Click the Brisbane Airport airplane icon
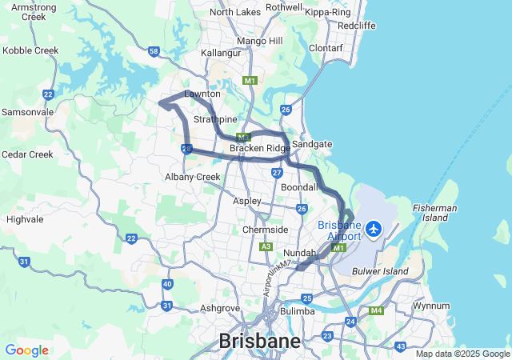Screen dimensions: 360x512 point(373,230)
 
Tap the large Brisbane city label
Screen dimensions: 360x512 point(260,342)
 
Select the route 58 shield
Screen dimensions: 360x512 point(154,51)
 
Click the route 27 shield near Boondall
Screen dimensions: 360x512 point(277,172)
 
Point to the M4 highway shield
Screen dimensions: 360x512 point(378,310)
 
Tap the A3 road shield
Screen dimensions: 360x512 point(266,246)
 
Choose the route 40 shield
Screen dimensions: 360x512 point(166,284)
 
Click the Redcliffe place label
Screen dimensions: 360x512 point(357,26)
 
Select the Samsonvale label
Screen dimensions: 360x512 point(27,112)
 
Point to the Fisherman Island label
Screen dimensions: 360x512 point(435,213)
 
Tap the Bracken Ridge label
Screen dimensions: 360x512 point(260,149)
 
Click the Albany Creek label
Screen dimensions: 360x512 point(192,177)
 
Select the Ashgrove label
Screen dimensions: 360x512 point(221,307)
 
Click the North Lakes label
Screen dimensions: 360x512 point(234,12)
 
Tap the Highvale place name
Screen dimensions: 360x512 point(25,218)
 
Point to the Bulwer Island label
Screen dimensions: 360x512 point(381,272)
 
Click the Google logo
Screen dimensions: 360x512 point(26,350)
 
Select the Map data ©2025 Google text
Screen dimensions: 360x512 point(462,354)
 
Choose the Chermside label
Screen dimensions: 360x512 point(265,230)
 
